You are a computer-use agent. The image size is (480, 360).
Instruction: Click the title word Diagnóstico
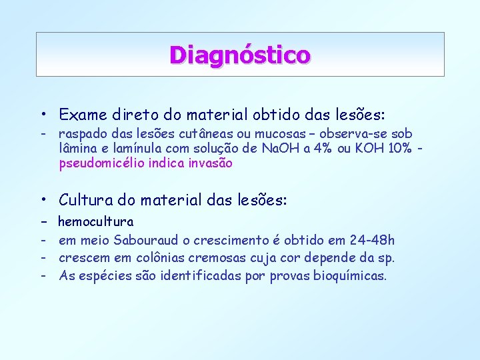click(239, 54)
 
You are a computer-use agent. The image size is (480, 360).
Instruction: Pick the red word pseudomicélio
click(100, 163)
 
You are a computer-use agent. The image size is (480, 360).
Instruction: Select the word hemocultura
click(96, 221)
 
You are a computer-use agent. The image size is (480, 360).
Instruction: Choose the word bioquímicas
click(350, 275)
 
